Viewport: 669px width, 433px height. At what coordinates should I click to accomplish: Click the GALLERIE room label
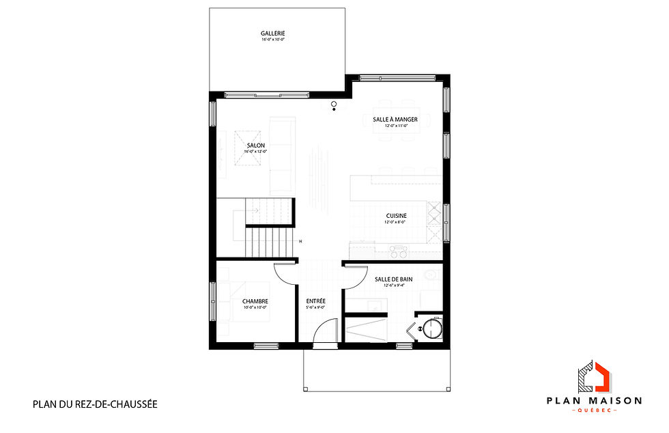[x=272, y=33]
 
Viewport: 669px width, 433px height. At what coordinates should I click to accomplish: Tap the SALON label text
[x=257, y=145]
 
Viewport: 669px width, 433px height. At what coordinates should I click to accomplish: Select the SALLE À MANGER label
[x=395, y=119]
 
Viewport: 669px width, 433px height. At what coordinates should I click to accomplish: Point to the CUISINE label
[x=395, y=216]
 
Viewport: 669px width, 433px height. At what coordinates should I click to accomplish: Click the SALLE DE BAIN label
[x=393, y=279]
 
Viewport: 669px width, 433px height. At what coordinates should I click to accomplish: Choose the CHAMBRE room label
[x=255, y=301]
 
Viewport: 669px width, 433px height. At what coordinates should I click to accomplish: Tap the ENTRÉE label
[x=315, y=301]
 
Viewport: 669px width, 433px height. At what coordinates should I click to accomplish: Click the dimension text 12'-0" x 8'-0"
[x=395, y=223]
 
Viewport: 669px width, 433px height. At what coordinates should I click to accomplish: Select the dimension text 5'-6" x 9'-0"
[x=315, y=308]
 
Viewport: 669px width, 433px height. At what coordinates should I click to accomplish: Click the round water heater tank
[x=431, y=329]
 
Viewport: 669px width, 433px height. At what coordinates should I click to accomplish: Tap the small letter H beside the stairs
[x=300, y=240]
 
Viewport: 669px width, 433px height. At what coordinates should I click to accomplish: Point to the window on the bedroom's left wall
[x=213, y=301]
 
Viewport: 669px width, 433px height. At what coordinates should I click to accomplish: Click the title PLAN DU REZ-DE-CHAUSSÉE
[x=95, y=404]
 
